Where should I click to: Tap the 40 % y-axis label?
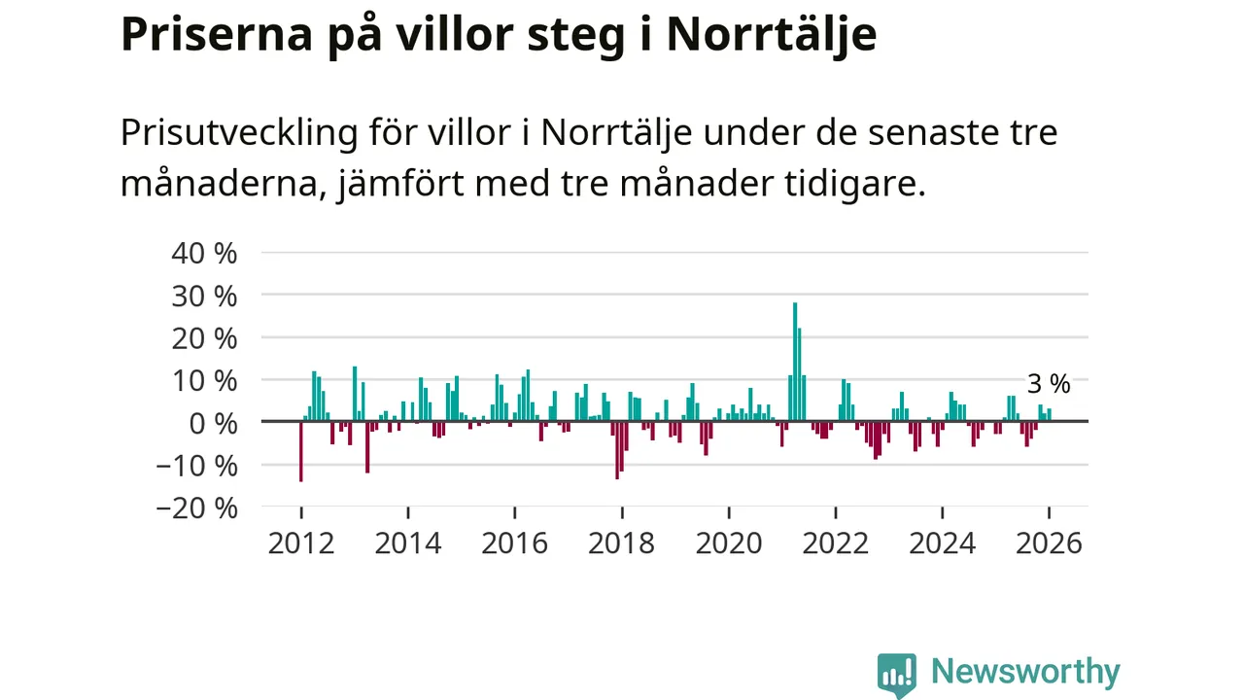204,253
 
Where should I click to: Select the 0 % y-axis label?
212,423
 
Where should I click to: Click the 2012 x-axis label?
301,542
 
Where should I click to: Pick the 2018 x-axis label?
622,542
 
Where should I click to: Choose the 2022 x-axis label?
836,542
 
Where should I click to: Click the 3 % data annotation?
1049,384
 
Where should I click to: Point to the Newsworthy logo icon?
897,674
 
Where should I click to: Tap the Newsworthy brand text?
1025,672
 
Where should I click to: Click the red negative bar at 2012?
301,452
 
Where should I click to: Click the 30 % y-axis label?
204,296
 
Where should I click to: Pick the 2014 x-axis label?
408,542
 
